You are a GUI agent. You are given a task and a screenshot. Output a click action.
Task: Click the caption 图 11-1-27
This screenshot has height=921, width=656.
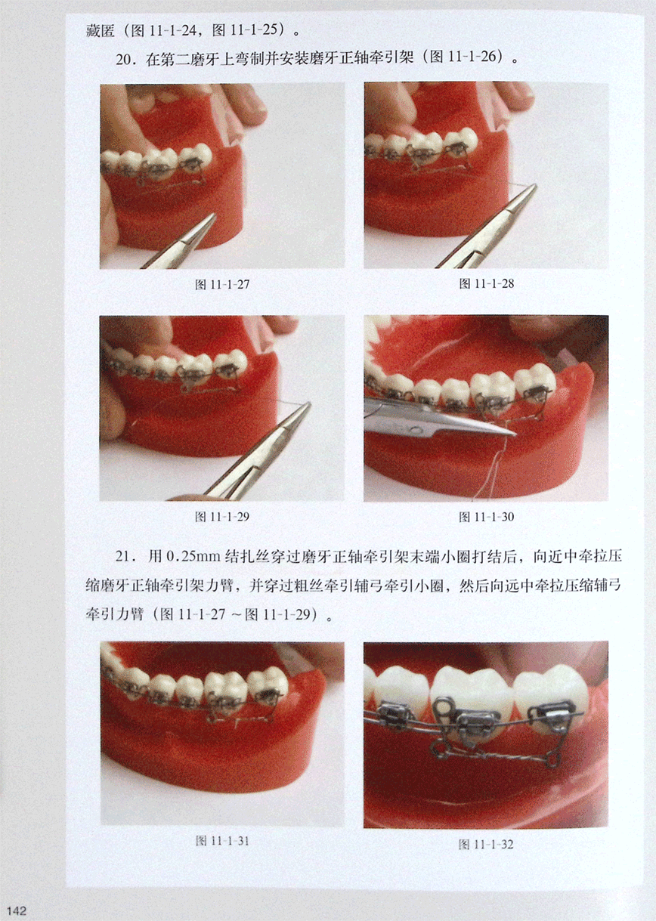click(222, 285)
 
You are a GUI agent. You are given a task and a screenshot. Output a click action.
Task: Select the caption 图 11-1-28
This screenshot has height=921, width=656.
click(487, 283)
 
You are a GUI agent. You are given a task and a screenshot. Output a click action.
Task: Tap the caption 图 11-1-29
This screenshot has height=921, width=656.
click(222, 517)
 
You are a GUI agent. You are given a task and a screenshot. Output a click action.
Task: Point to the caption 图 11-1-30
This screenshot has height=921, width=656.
click(487, 517)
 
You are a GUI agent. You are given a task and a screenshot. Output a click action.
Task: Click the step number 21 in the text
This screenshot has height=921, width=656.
click(122, 556)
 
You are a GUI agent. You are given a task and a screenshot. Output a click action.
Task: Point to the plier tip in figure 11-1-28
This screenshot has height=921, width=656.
click(535, 186)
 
